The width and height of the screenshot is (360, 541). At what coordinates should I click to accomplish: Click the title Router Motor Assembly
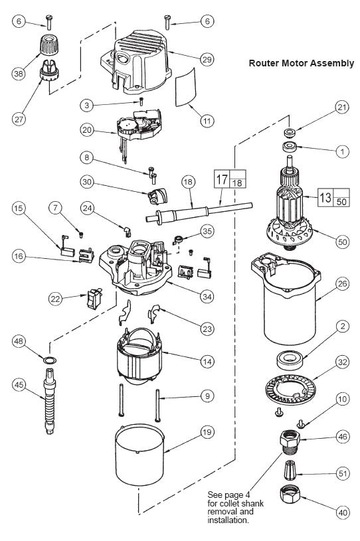tap(302, 63)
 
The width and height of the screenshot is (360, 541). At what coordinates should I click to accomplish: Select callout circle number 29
tap(207, 60)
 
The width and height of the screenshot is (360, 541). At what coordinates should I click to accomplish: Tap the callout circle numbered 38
tap(19, 74)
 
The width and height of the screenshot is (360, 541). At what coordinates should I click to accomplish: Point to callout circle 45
tap(19, 384)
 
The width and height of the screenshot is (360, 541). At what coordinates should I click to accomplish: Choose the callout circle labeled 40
tap(342, 512)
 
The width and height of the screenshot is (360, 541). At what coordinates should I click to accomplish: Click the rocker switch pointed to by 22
tap(94, 299)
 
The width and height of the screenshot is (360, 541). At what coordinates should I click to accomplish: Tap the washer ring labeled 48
tap(50, 360)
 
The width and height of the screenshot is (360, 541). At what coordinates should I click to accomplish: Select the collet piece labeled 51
tap(291, 469)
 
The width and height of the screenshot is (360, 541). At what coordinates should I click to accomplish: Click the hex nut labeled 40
tap(290, 494)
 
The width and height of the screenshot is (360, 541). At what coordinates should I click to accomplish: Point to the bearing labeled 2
tap(291, 359)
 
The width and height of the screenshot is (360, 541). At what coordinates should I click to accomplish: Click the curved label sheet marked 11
tap(185, 86)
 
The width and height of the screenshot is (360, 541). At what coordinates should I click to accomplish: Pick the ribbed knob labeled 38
tap(48, 44)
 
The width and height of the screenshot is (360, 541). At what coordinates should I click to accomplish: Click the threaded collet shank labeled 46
tap(290, 442)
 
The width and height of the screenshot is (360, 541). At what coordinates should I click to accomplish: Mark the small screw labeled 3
tap(141, 101)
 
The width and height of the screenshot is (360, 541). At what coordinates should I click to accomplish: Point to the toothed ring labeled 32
tap(291, 390)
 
